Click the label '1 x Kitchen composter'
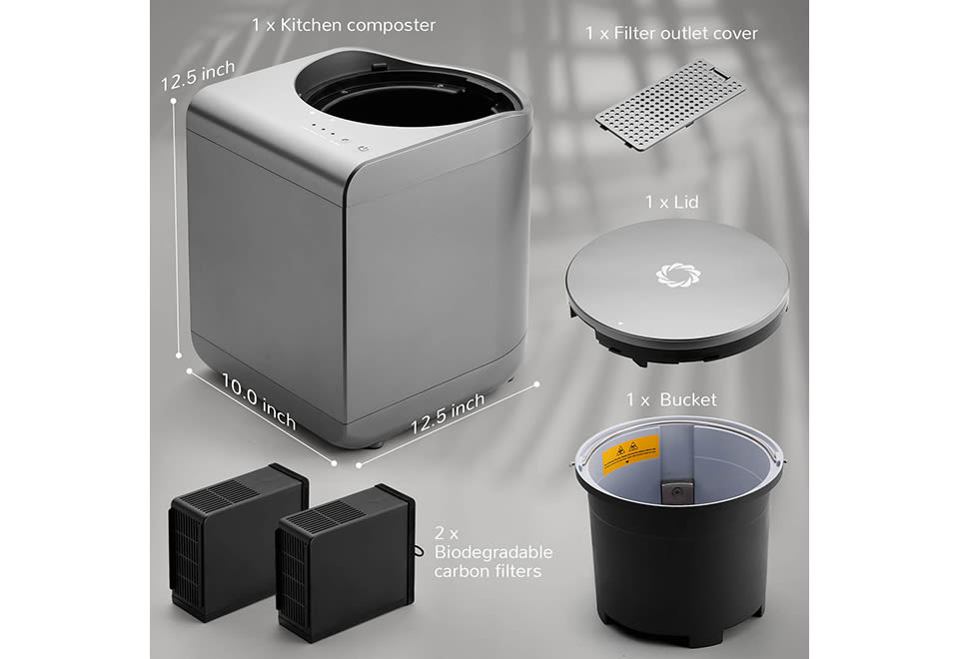(344, 25)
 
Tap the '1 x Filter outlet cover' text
(671, 33)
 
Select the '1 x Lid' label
(671, 202)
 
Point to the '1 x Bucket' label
(671, 399)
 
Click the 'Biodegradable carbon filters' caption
(492, 561)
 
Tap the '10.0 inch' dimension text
(258, 401)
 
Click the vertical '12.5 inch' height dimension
(198, 76)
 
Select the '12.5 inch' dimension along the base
(448, 412)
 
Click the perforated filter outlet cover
(670, 105)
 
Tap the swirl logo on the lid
(677, 275)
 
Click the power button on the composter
(364, 148)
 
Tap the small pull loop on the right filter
(419, 551)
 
